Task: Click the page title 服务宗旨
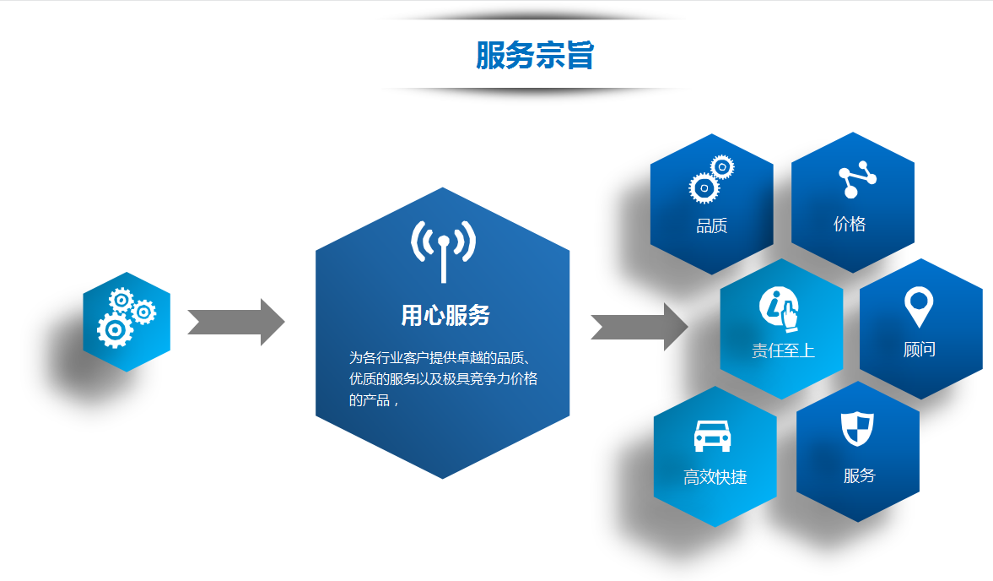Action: click(x=535, y=56)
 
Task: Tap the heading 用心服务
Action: click(x=445, y=316)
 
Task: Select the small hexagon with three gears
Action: click(x=127, y=322)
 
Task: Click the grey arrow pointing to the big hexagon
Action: click(x=236, y=322)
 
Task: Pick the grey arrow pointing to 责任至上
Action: click(x=640, y=327)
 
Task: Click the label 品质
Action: click(x=711, y=226)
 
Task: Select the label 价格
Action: click(x=850, y=225)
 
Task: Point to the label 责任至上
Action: click(x=783, y=350)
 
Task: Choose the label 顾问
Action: click(x=919, y=350)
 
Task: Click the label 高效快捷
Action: click(x=715, y=477)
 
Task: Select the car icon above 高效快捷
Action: click(x=712, y=436)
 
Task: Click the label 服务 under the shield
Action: click(x=859, y=476)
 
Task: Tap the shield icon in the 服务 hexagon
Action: click(x=857, y=429)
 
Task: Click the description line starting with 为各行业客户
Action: click(x=439, y=357)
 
